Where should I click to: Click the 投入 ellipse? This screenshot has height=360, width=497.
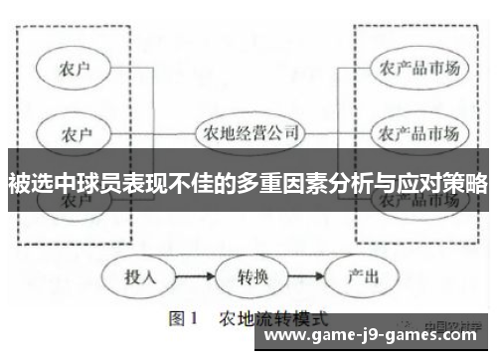[139, 275]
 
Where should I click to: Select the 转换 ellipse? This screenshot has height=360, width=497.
[248, 275]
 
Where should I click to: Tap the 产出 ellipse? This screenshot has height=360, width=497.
[357, 275]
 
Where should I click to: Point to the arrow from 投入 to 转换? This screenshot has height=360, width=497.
[194, 275]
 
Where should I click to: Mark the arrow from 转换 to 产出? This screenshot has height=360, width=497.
[302, 275]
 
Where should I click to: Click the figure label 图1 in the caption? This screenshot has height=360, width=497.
[185, 321]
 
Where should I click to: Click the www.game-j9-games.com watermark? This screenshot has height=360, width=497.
[376, 341]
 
